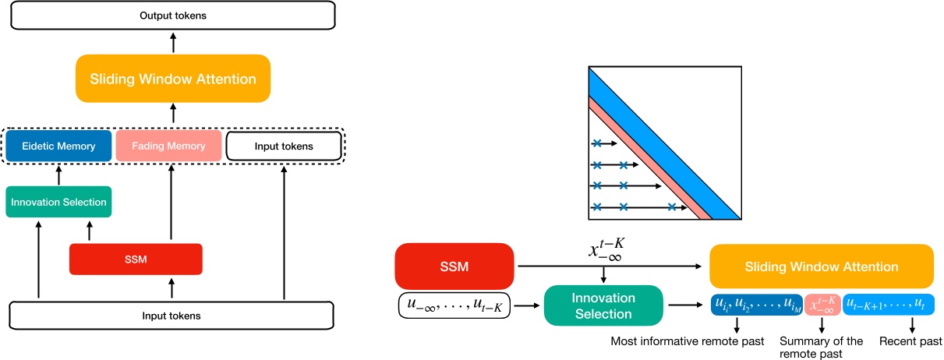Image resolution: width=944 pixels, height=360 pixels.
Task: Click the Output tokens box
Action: [x=173, y=16]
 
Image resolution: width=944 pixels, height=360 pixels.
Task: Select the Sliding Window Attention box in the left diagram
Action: [x=173, y=79]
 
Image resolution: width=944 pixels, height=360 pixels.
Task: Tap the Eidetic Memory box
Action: [x=58, y=146]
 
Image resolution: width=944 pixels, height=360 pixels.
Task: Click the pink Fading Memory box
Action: [x=168, y=146]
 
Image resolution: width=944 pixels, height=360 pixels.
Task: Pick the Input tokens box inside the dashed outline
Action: [x=284, y=146]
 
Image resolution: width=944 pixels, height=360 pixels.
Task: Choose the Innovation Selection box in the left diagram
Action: [x=58, y=202]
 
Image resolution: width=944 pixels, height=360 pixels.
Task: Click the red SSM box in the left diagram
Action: [x=136, y=259]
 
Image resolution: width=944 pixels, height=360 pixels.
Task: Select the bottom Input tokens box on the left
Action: [x=171, y=316]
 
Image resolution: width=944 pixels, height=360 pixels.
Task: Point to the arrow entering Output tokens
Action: [x=173, y=43]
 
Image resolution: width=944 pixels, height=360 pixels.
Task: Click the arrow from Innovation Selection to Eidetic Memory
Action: [x=58, y=175]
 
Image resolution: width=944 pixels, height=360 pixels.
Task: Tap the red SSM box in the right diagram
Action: [x=454, y=266]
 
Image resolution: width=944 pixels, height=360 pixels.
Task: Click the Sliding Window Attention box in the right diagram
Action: [x=822, y=266]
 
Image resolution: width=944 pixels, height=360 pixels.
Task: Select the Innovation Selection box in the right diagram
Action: [x=603, y=305]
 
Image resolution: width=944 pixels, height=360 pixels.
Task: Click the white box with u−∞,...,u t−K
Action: [x=454, y=305]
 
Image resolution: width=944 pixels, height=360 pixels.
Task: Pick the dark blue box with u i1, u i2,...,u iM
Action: [x=757, y=305]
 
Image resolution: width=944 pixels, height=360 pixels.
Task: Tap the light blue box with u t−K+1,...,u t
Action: [x=889, y=305]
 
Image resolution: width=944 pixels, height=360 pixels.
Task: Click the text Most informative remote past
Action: [x=688, y=341]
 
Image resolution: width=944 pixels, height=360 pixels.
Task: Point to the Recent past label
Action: [x=910, y=341]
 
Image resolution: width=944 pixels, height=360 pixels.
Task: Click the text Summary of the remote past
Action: [x=821, y=348]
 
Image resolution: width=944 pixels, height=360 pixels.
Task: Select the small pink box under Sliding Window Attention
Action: [x=822, y=305]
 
